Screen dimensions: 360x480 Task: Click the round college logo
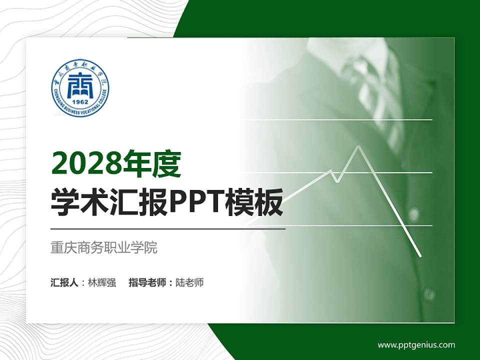(x=80, y=88)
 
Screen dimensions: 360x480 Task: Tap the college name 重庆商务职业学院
(x=104, y=247)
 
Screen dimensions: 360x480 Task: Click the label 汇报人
(x=64, y=282)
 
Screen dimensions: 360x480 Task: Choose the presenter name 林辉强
(x=102, y=282)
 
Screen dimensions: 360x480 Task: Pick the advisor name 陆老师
(x=190, y=282)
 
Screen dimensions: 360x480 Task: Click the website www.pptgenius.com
(x=416, y=344)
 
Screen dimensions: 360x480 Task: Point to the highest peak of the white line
(x=358, y=146)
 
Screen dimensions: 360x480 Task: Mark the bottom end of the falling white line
(x=420, y=256)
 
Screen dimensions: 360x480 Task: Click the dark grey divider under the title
(x=168, y=229)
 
